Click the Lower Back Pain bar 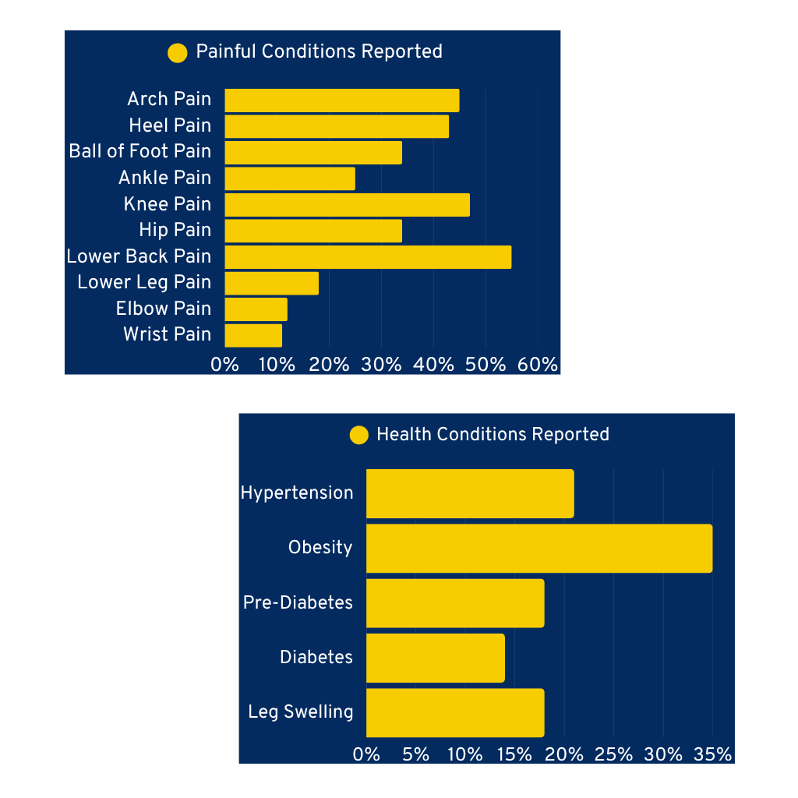[368, 257]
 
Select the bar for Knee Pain [347, 205]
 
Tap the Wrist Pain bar [253, 335]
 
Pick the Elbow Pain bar [256, 309]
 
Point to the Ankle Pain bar [290, 178]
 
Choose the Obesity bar [539, 548]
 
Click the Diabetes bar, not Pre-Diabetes [436, 658]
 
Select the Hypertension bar [470, 493]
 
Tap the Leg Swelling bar [455, 712]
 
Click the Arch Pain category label [169, 99]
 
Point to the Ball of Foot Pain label [140, 151]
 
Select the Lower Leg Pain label [144, 282]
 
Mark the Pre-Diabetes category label [298, 602]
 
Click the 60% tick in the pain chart [538, 365]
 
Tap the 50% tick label [486, 365]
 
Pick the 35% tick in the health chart [712, 754]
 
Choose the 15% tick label [514, 754]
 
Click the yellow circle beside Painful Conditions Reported [178, 53]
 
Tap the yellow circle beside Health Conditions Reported [359, 435]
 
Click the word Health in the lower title [404, 434]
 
